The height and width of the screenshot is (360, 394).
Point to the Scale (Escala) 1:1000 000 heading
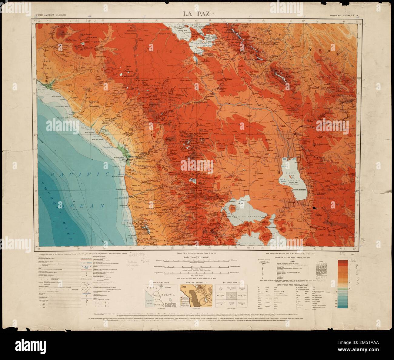pyautogui.click(x=196, y=257)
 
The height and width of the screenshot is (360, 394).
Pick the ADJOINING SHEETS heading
pyautogui.click(x=231, y=282)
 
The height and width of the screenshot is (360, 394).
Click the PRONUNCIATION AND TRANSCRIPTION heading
pyautogui.click(x=292, y=257)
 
